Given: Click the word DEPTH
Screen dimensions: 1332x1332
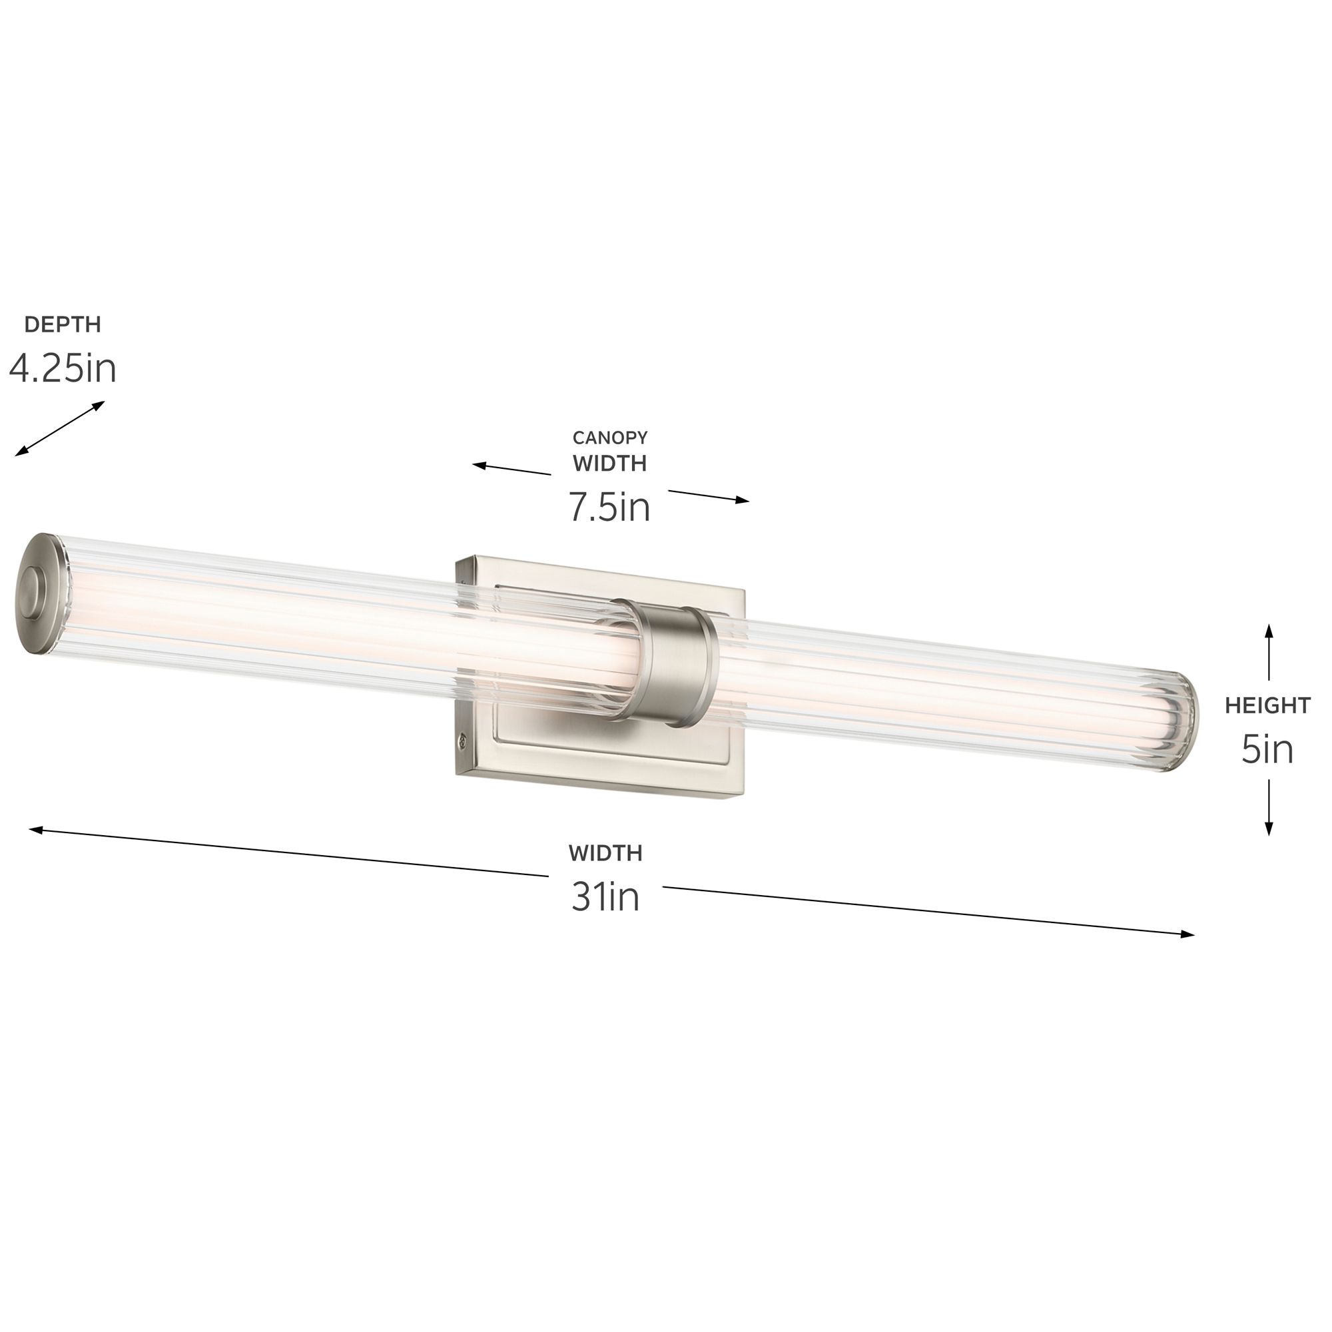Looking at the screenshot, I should (x=63, y=324).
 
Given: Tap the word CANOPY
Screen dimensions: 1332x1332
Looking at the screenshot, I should (x=610, y=437).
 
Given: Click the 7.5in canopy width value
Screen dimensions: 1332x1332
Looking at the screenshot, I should (x=609, y=507).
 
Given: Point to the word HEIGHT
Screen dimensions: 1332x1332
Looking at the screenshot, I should (x=1268, y=705).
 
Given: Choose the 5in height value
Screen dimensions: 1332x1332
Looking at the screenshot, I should (x=1267, y=749).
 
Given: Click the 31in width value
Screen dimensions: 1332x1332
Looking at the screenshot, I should (x=605, y=898).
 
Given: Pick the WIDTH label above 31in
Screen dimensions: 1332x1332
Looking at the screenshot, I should (x=605, y=853).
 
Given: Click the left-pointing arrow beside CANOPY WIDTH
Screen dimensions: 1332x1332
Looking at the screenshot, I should (x=510, y=470).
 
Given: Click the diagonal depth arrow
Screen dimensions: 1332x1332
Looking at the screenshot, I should (x=60, y=428).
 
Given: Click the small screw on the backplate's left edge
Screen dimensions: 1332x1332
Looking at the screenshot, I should (x=463, y=741).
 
